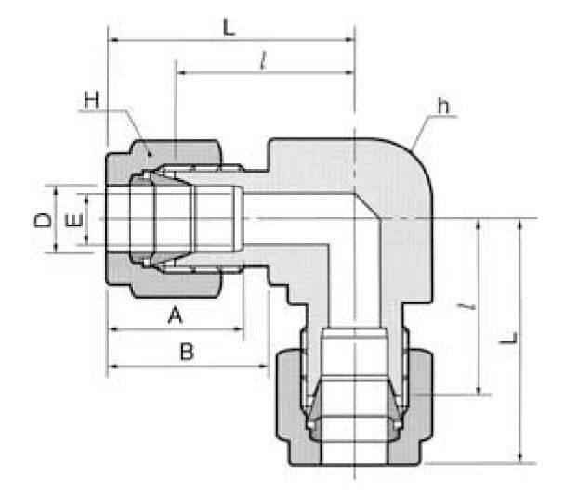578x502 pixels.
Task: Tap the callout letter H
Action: click(90, 97)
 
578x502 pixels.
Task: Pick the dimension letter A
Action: click(174, 316)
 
